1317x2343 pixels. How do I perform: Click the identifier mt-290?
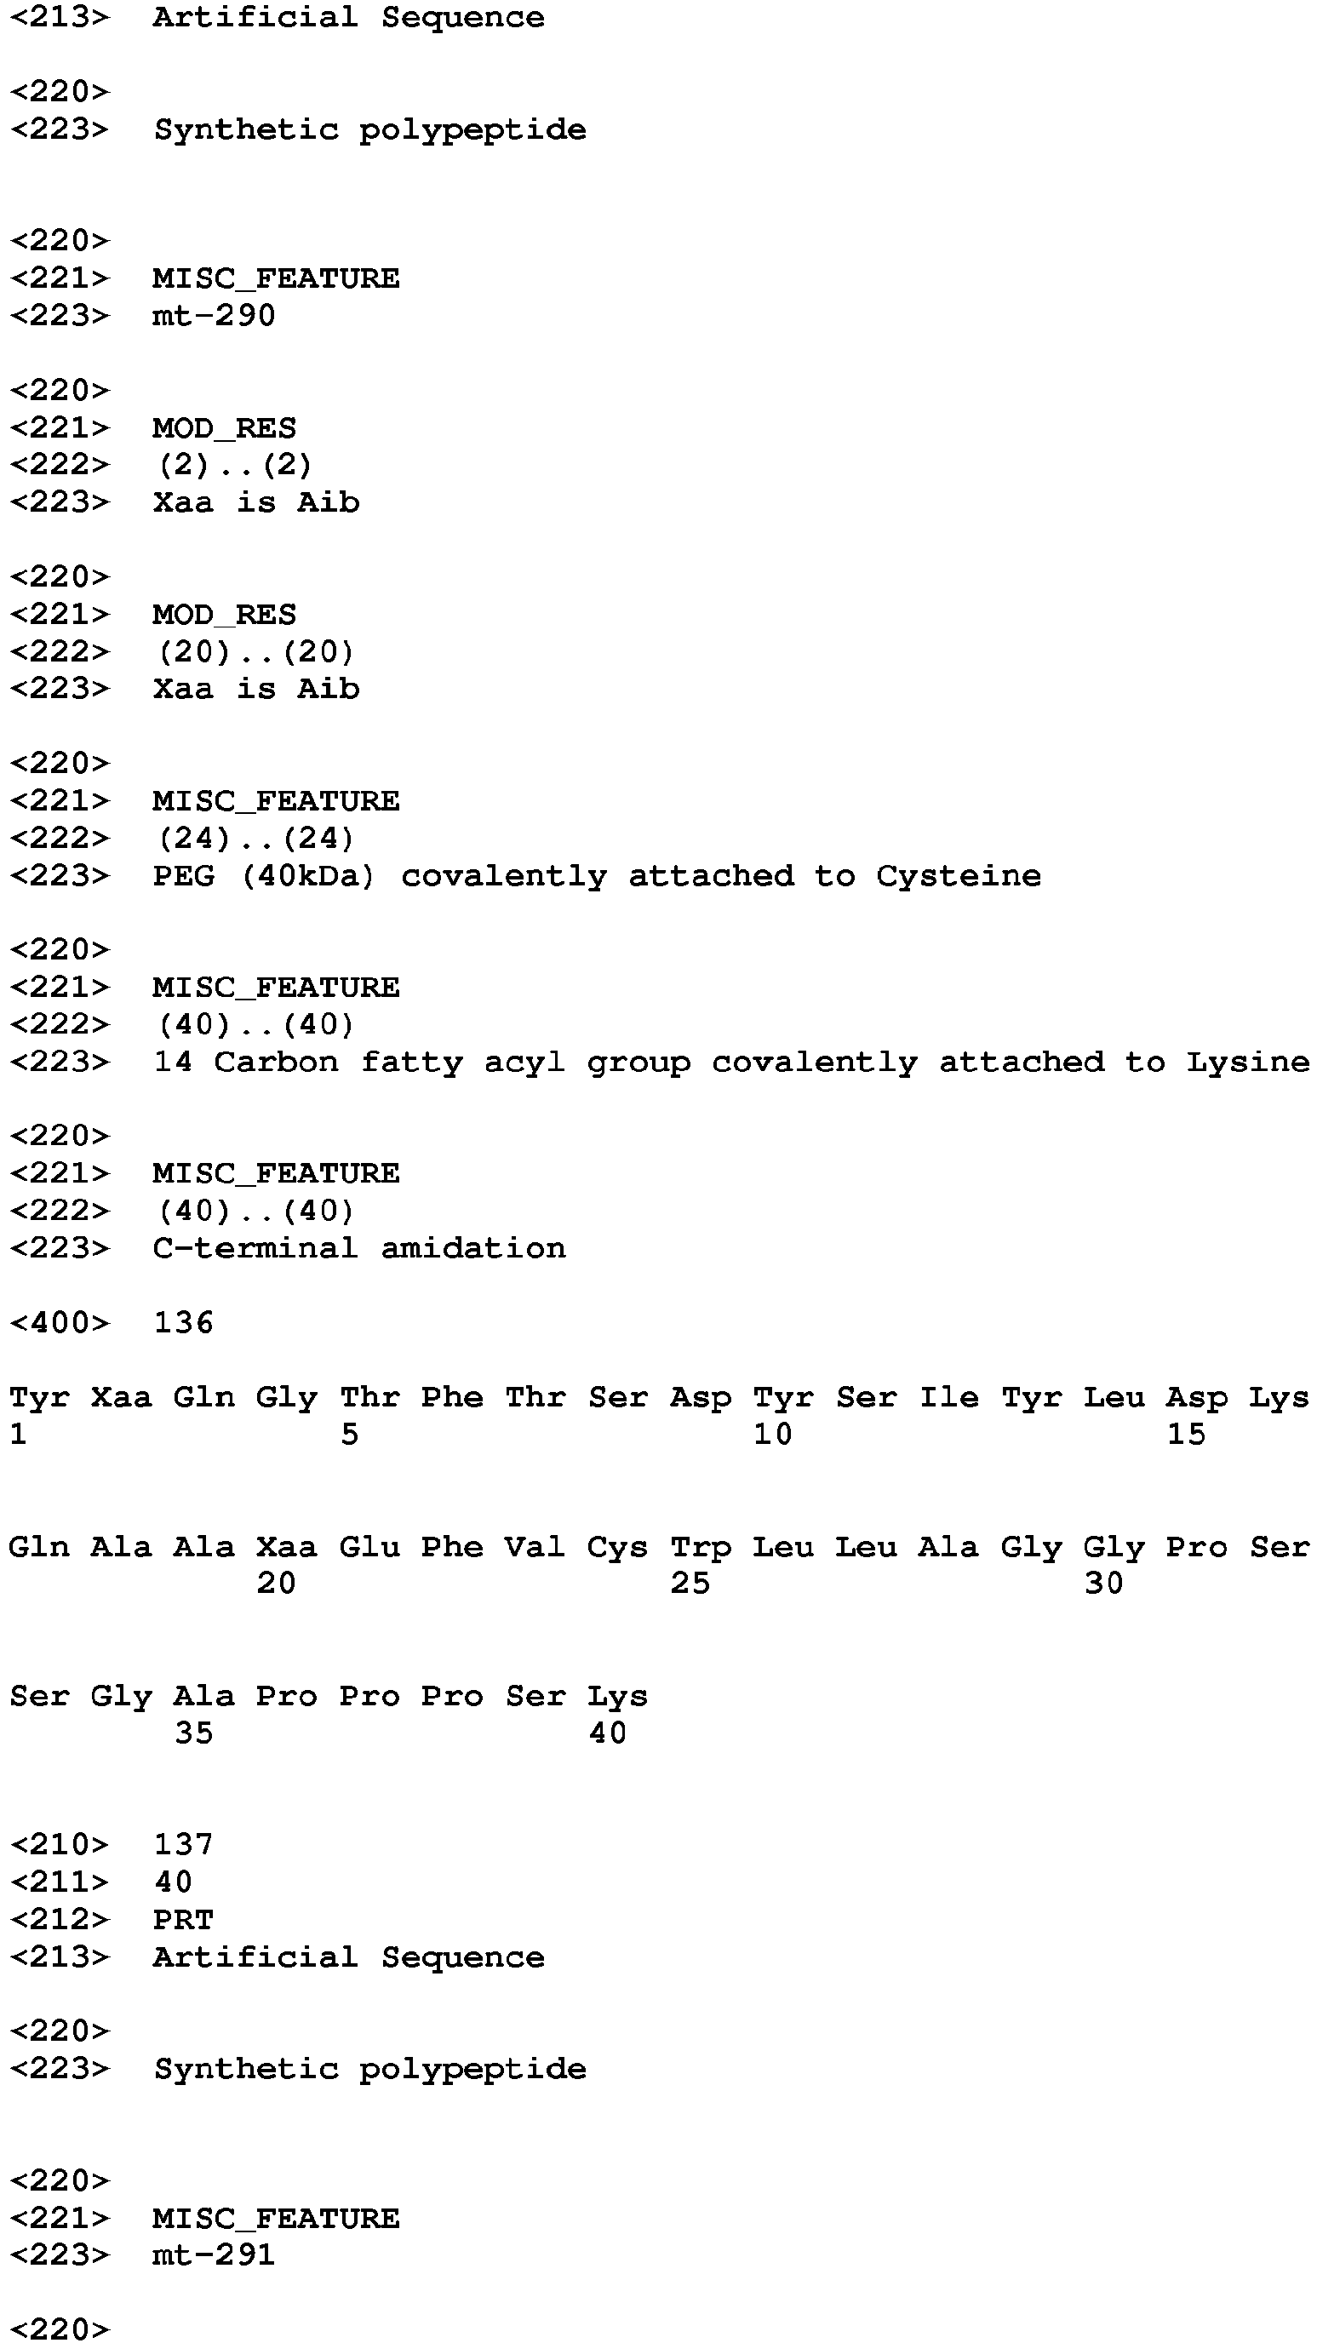[214, 316]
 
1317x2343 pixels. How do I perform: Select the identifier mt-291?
[214, 2254]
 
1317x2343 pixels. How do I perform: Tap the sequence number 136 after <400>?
[183, 1322]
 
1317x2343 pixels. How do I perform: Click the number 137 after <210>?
[183, 1843]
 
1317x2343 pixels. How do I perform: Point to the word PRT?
[183, 1919]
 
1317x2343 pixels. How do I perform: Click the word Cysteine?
[959, 876]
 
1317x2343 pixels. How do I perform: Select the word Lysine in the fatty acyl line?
[1248, 1063]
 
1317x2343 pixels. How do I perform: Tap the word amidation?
[473, 1248]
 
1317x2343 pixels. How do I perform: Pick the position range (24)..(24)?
[256, 838]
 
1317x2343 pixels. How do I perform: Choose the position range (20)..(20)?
[256, 651]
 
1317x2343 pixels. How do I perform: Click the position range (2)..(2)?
[236, 465]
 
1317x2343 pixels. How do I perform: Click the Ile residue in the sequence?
[949, 1397]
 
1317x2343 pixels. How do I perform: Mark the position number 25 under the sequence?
[690, 1584]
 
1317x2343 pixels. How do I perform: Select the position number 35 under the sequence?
[194, 1733]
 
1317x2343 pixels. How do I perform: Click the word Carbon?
[277, 1063]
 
